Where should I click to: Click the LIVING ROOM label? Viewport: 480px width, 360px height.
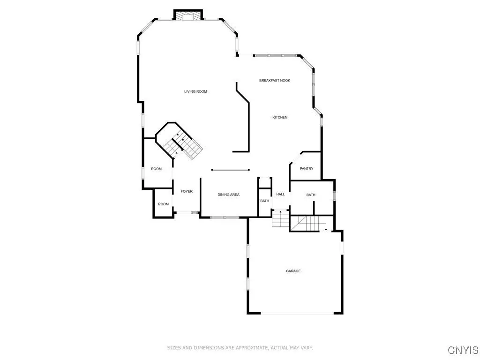point(195,91)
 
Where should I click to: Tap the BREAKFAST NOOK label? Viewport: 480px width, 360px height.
point(275,81)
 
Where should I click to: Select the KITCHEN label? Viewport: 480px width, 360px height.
point(280,117)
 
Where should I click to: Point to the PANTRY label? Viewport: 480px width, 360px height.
point(307,169)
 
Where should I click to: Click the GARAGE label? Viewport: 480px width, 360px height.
point(293,271)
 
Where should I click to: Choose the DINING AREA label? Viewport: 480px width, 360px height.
point(228,195)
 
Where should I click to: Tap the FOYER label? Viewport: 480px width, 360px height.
point(187,191)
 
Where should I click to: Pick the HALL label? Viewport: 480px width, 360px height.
point(280,194)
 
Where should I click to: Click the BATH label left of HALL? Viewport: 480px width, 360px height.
point(265,201)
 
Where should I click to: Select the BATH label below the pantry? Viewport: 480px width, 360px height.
point(311,195)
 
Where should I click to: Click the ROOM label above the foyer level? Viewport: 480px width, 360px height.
point(156,169)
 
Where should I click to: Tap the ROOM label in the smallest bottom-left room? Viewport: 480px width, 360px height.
point(164,204)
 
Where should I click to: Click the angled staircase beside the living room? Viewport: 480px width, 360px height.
point(183,145)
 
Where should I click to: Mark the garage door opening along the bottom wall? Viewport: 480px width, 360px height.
point(297,313)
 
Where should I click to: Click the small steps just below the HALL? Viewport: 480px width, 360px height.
point(280,218)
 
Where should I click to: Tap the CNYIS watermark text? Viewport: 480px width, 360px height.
point(463,350)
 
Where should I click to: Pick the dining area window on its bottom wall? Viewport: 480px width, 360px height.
point(225,217)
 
